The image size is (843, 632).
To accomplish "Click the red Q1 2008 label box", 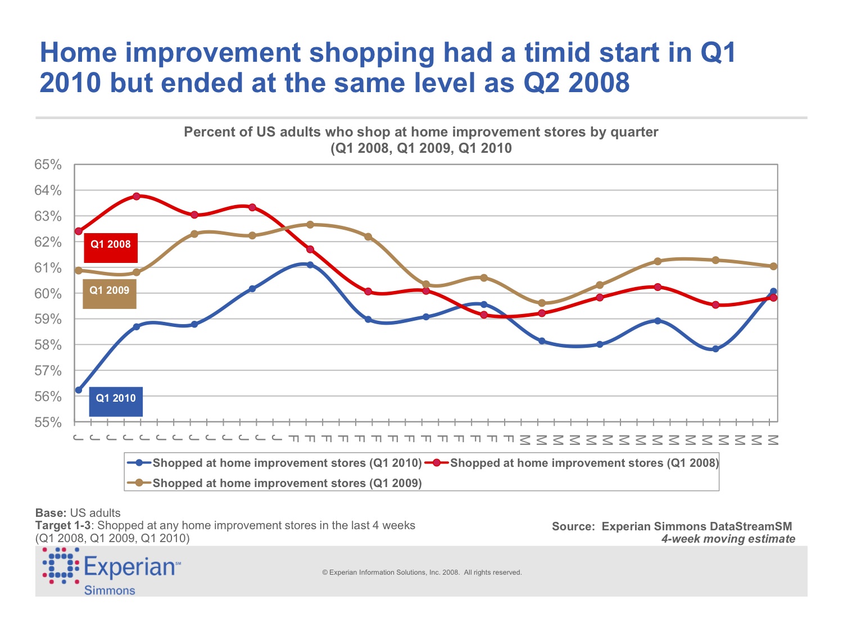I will (x=111, y=247).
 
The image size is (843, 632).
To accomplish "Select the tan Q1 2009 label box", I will (x=110, y=293).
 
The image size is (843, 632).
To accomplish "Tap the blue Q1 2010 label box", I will (x=116, y=401).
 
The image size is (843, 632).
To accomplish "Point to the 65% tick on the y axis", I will (x=48, y=165).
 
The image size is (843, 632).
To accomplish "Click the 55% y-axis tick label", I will (x=48, y=422).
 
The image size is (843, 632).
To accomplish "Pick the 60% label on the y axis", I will (x=48, y=294).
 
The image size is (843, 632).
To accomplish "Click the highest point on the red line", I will (x=137, y=196).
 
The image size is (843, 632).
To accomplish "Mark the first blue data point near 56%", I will (x=79, y=390).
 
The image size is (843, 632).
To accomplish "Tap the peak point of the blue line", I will (x=310, y=265).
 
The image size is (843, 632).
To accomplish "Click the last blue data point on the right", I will (x=773, y=292).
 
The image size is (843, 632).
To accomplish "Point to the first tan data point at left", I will (x=79, y=270).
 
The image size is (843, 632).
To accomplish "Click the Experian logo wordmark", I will (x=131, y=567).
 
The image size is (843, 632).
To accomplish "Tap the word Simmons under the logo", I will (x=110, y=590).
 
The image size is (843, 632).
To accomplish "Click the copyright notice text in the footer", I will (x=422, y=572).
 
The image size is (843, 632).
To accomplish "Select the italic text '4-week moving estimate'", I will (x=728, y=539).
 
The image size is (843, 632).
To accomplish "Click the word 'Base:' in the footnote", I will (x=51, y=513).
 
